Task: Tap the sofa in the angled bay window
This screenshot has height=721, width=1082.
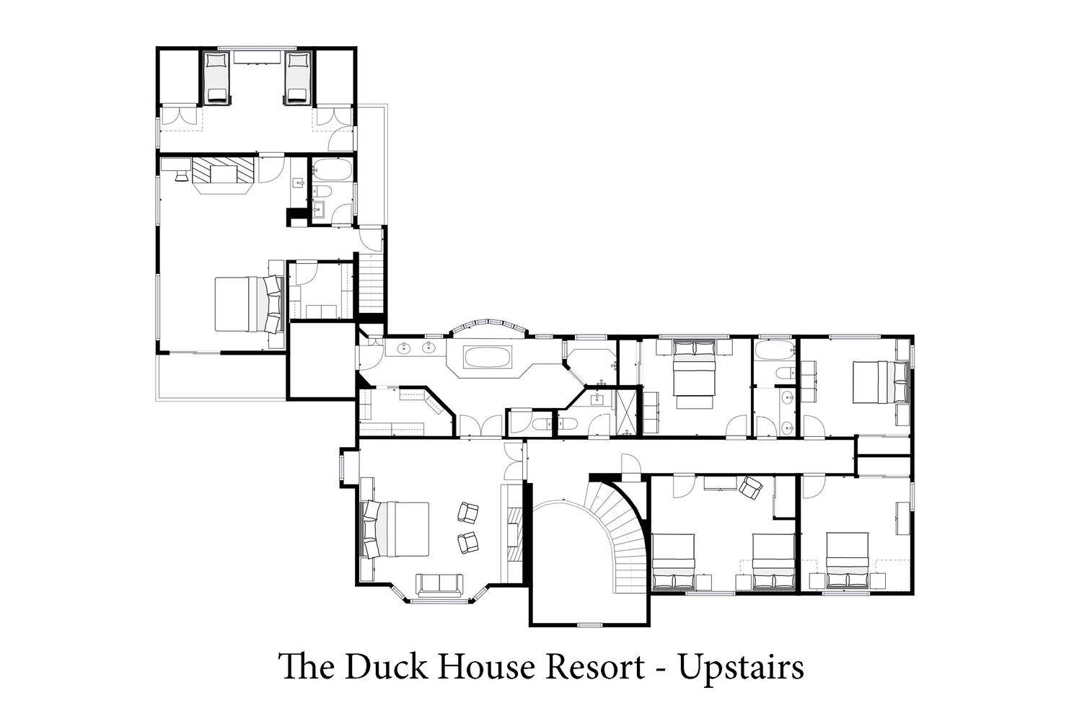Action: [x=439, y=585]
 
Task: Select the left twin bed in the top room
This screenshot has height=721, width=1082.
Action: [x=217, y=77]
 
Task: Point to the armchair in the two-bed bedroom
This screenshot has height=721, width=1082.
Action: [x=749, y=487]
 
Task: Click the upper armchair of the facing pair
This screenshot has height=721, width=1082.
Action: [x=467, y=512]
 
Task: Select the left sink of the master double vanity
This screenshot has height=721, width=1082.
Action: [x=405, y=348]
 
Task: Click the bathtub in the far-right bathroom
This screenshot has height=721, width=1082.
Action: [x=775, y=350]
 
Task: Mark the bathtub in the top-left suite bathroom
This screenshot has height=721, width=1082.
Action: [x=333, y=169]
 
